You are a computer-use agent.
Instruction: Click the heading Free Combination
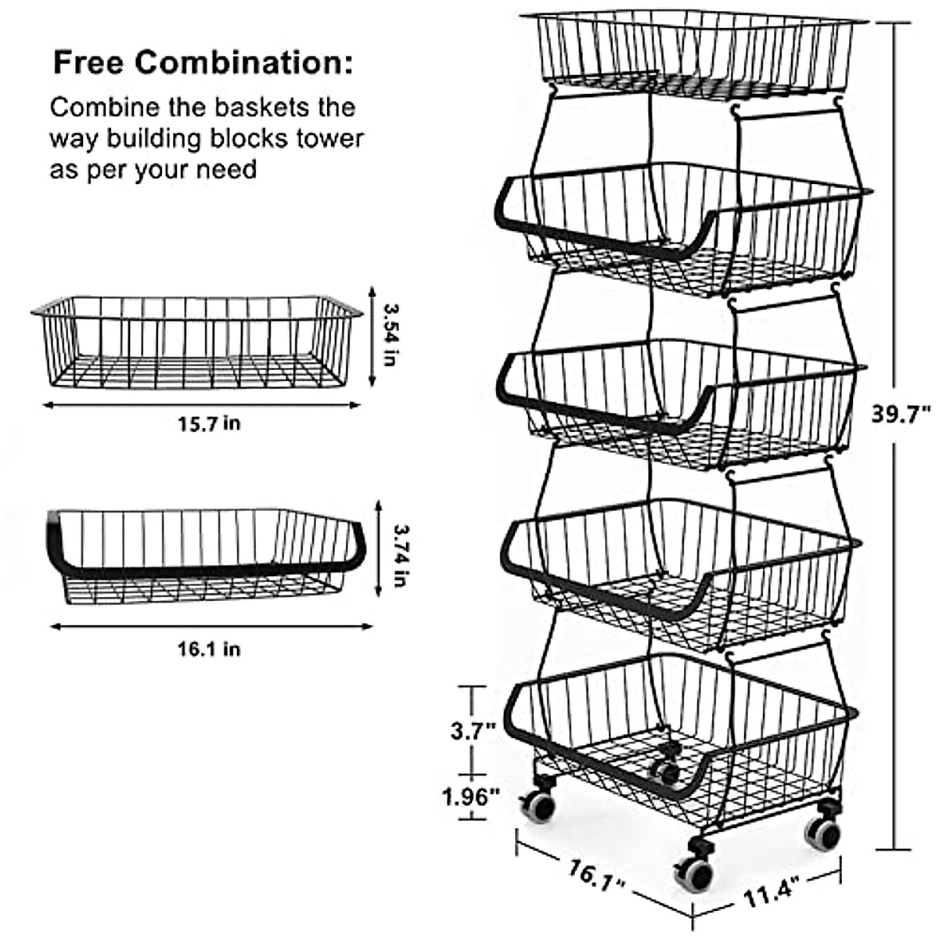202,62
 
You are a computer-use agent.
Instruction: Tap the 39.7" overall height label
903,412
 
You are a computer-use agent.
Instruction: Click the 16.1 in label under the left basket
209,649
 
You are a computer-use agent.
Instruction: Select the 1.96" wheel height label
471,797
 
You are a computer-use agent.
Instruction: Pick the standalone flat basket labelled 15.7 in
196,341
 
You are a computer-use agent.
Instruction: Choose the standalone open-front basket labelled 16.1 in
205,556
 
